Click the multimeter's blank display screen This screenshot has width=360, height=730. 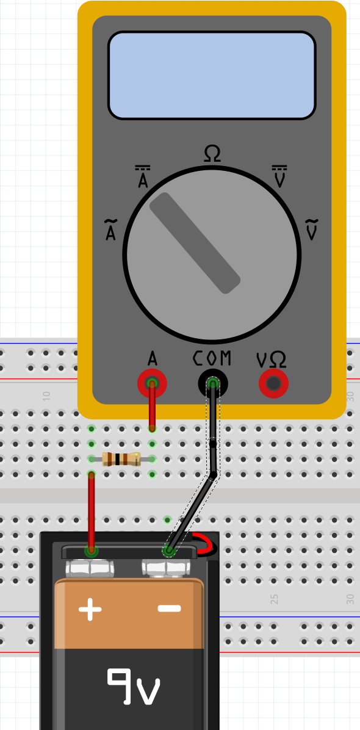(x=212, y=76)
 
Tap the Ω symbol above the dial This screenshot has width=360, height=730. (x=212, y=154)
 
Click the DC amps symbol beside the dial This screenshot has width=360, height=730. (x=142, y=176)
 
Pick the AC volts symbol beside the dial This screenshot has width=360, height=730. (x=312, y=229)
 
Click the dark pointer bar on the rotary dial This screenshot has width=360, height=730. (x=195, y=243)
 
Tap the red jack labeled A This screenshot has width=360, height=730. (x=152, y=383)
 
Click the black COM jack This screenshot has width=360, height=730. (x=213, y=383)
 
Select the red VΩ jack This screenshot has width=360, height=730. (x=273, y=383)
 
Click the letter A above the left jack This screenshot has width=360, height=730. (x=152, y=358)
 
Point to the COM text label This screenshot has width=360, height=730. (x=212, y=358)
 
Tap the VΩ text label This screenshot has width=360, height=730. (x=272, y=360)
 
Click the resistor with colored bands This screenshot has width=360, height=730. (x=121, y=459)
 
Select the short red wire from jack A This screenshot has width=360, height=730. (x=152, y=405)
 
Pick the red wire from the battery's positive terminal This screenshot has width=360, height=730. (x=92, y=513)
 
